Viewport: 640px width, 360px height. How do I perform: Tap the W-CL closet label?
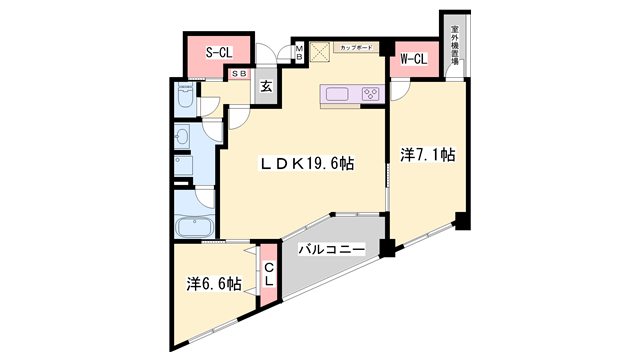click(413, 60)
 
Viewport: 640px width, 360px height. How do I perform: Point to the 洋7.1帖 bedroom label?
click(428, 155)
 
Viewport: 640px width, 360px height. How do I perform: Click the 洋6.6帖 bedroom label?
click(213, 284)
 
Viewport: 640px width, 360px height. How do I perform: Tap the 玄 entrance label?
click(267, 87)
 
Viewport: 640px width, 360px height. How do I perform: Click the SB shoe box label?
click(240, 74)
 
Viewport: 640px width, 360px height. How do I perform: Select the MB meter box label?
click(298, 53)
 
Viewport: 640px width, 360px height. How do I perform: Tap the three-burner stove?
click(369, 95)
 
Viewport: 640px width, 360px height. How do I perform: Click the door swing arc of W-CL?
click(398, 90)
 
